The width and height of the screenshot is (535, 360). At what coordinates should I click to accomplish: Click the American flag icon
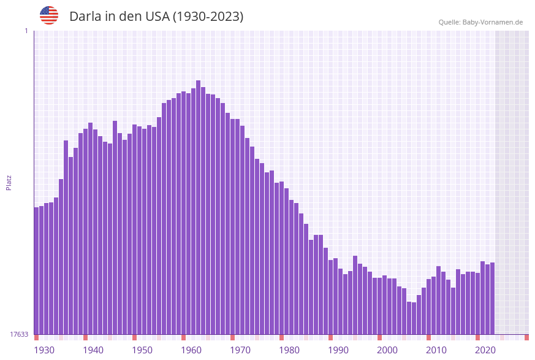coord(49,15)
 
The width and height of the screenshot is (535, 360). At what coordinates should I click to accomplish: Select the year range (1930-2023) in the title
coord(208,17)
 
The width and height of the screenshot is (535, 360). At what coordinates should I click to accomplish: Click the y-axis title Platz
coord(9,182)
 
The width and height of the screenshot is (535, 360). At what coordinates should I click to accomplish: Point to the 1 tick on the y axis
coord(26,31)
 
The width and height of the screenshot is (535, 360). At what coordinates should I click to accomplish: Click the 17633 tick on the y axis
coord(19,334)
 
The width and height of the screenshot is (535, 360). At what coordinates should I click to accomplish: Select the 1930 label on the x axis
coord(44,350)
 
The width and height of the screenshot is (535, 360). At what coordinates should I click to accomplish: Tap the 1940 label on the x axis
coord(93,350)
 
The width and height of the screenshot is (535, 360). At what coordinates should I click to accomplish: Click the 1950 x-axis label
coord(142,350)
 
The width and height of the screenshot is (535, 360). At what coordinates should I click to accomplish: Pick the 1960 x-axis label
coord(191,350)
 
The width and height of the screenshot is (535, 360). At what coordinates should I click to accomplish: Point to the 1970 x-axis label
coord(240,350)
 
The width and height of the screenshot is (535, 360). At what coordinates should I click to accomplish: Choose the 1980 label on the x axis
coord(289,350)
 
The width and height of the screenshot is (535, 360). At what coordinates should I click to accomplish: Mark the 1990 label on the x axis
coord(338,350)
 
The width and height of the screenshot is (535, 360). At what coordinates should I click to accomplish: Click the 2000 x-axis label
coord(387,350)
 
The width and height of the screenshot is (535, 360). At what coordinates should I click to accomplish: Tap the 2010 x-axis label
coord(436,350)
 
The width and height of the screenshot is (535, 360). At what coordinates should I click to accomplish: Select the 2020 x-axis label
coord(485,350)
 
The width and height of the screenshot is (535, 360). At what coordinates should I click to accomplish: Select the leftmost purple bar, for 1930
coord(37,270)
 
